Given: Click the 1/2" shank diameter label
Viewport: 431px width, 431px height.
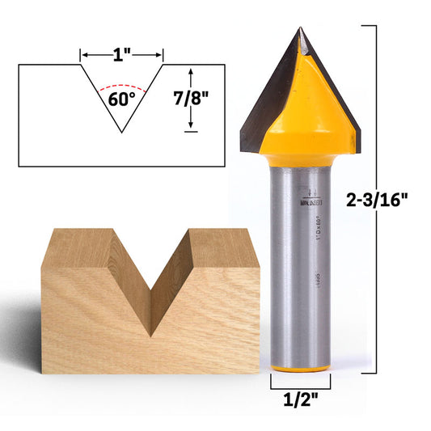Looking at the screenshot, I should [x=300, y=398].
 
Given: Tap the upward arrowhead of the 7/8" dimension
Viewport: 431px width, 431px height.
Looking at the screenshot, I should [x=191, y=72].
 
